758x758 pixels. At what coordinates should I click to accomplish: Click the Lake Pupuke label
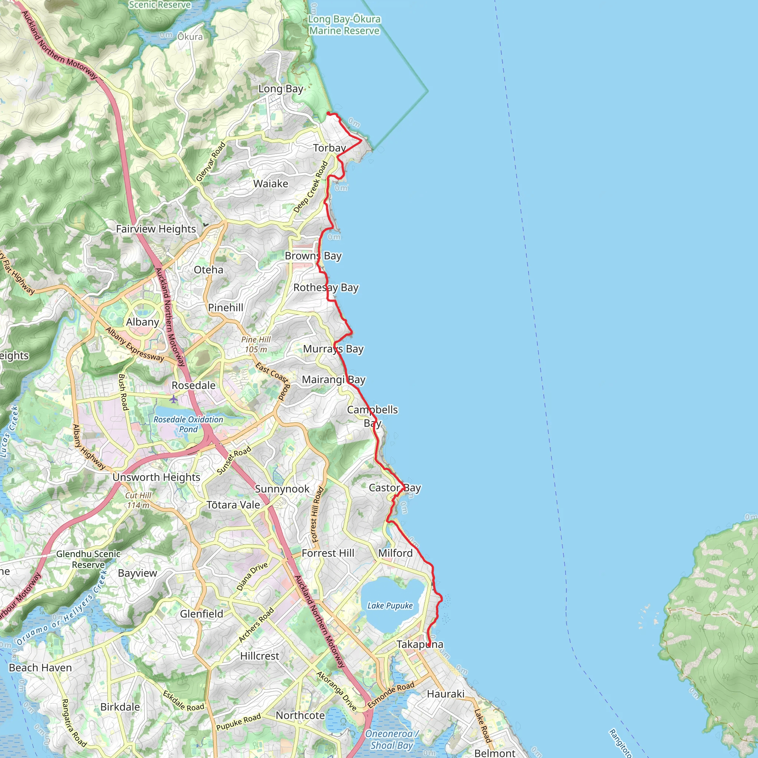(390, 606)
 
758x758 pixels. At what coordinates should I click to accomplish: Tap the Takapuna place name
(420, 644)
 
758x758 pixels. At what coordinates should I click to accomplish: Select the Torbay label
(329, 148)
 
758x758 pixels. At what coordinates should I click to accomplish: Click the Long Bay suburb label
(281, 89)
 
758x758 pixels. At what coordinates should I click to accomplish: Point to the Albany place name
(142, 322)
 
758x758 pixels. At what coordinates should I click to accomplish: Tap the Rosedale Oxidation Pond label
(188, 424)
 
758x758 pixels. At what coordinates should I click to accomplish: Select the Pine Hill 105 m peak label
(256, 344)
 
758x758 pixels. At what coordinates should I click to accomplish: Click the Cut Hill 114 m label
(138, 500)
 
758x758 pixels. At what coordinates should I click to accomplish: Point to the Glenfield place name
(201, 614)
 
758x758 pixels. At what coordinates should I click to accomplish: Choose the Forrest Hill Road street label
(318, 514)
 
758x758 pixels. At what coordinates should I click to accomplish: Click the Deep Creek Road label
(311, 187)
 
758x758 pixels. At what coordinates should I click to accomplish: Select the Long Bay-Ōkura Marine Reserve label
(344, 25)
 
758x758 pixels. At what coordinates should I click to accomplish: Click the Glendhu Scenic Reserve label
(88, 559)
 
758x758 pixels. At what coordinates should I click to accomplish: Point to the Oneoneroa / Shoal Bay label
(392, 739)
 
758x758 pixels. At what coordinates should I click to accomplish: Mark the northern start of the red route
(328, 113)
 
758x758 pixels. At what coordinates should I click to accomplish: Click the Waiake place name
(270, 184)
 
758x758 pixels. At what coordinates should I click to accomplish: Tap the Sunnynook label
(282, 489)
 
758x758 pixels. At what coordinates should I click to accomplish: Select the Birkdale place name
(120, 707)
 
